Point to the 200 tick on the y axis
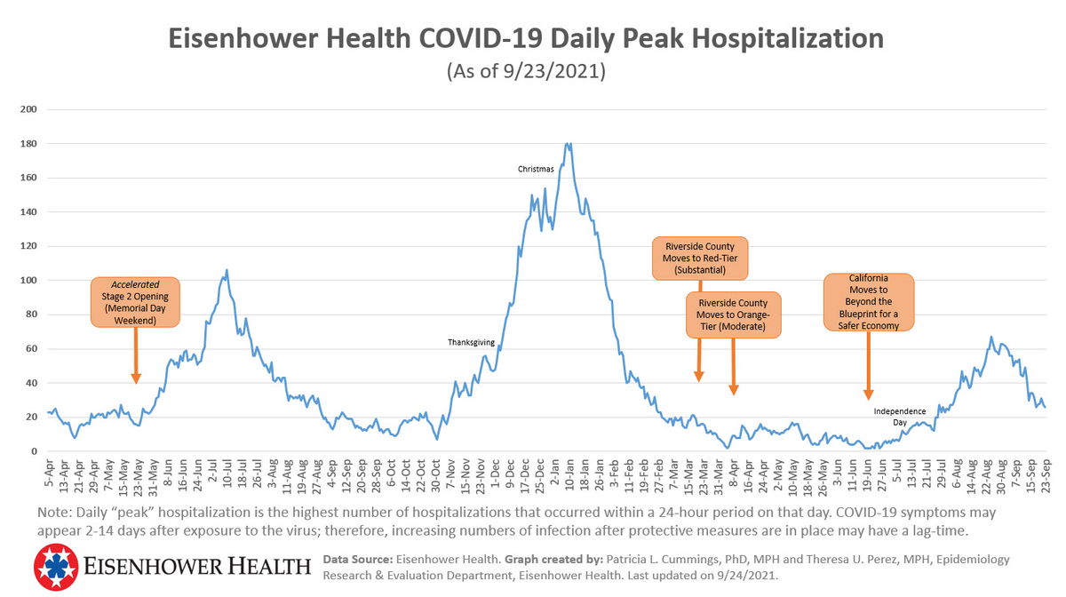coord(29,109)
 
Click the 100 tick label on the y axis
coord(29,281)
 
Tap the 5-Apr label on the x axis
coord(50,471)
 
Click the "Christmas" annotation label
coord(536,169)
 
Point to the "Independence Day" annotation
coord(899,417)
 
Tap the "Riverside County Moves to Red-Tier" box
coord(700,258)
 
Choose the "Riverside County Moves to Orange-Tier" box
coord(733,314)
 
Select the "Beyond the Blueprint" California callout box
coord(868,302)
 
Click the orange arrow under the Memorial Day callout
coord(136,355)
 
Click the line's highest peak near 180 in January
coord(569,143)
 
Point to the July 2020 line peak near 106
coord(227,270)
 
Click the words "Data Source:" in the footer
coord(352,560)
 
